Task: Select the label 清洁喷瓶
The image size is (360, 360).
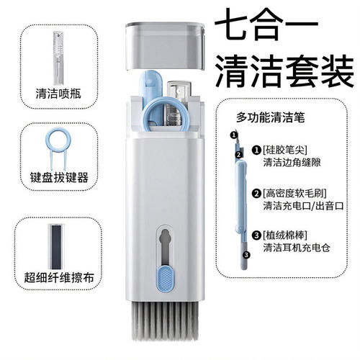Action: (53, 94)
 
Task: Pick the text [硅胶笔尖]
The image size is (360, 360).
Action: (284, 150)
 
